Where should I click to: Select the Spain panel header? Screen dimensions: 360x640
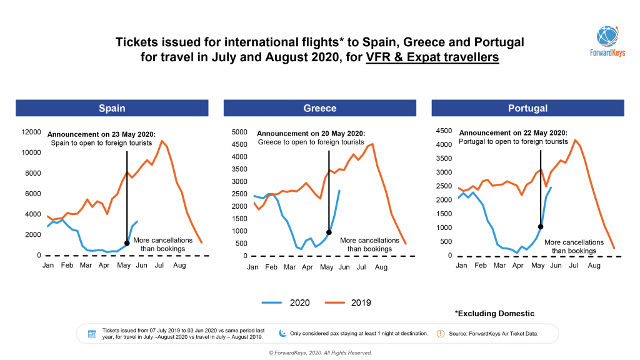coord(112,108)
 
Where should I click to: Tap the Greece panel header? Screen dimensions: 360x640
coord(320,108)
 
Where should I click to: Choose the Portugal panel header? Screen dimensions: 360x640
coord(527,108)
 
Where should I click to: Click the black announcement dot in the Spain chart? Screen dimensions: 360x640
coord(127,243)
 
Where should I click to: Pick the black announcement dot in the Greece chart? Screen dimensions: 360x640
coord(329,232)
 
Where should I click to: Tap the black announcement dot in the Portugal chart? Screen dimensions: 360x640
coord(540,227)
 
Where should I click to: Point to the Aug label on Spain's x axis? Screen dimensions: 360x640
coord(180,266)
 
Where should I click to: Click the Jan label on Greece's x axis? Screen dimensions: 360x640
coord(252,267)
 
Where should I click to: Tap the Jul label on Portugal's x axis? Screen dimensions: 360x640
coord(574,266)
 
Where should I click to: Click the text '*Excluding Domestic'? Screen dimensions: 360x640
coord(496,313)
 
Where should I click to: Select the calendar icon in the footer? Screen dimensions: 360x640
coord(92,334)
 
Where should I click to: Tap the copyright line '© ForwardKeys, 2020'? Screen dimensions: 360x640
coord(320,353)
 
